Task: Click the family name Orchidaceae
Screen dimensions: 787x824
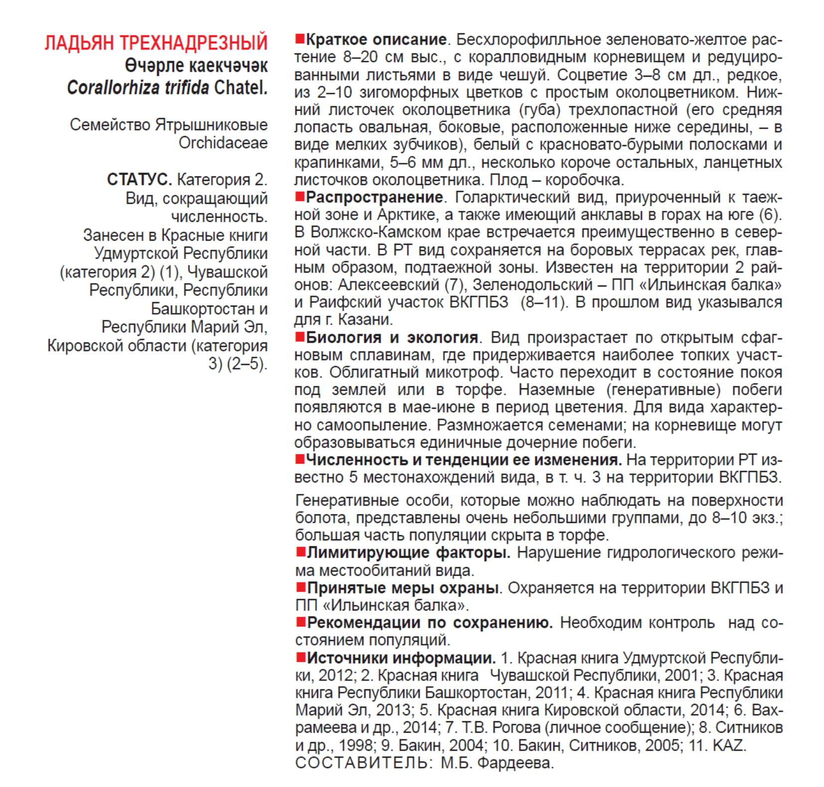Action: click(223, 143)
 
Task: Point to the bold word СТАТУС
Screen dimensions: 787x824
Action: click(139, 179)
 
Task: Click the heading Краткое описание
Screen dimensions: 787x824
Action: click(376, 39)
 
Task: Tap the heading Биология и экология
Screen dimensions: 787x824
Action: click(392, 337)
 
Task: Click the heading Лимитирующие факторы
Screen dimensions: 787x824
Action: click(408, 553)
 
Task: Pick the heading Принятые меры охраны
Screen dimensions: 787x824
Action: click(403, 588)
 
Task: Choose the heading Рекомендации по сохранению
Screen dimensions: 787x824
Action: click(430, 623)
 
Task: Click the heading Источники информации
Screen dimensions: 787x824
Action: click(401, 658)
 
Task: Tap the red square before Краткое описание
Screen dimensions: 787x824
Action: click(300, 38)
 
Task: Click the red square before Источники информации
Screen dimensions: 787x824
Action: click(301, 657)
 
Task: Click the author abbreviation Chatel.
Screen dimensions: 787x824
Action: click(241, 88)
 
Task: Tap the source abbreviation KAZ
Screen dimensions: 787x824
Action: click(728, 746)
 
